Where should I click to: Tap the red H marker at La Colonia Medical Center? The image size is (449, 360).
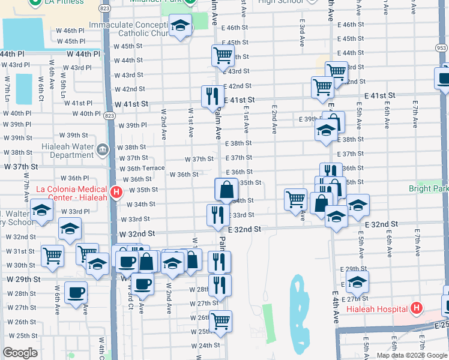(117, 193)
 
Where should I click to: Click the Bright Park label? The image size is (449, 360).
(429, 188)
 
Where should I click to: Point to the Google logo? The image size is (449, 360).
(20, 353)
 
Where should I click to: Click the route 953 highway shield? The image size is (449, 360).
(441, 47)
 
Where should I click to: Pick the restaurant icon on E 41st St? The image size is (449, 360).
(212, 96)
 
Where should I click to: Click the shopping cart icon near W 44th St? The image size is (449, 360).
(222, 55)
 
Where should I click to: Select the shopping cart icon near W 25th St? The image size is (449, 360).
(220, 321)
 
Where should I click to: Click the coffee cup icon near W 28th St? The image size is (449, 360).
(76, 292)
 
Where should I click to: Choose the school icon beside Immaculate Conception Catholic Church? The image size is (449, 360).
(179, 26)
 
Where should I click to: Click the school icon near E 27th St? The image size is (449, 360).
(357, 281)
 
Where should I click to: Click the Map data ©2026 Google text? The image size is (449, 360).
(411, 355)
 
